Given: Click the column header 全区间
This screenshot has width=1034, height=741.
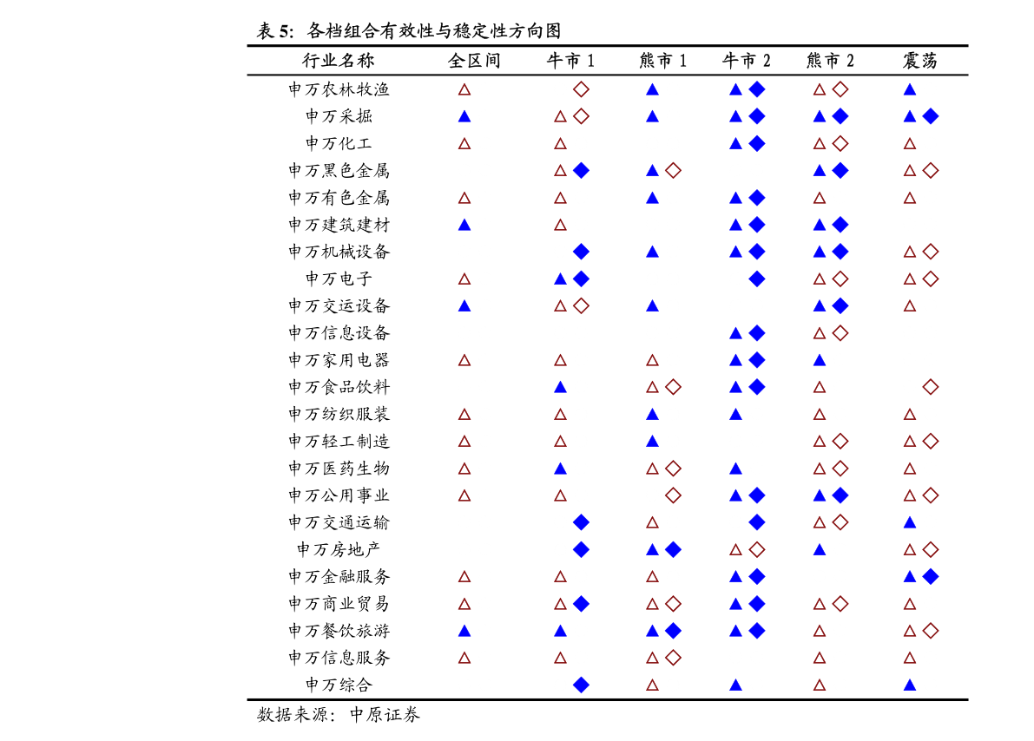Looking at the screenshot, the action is click(x=474, y=61).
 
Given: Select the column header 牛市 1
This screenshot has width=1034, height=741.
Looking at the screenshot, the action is click(x=570, y=61).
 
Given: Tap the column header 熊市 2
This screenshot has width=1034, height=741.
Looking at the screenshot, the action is click(x=830, y=61).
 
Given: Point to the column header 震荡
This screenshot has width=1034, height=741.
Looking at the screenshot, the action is click(x=920, y=61).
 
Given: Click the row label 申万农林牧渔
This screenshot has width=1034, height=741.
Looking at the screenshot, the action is click(x=339, y=89).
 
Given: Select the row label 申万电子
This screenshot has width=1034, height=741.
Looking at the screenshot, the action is click(x=339, y=279).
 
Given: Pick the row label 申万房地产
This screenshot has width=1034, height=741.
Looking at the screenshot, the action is click(x=339, y=549).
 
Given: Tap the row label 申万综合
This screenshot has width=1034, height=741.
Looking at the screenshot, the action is click(x=339, y=685).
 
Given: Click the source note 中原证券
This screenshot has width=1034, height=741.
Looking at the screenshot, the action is click(x=385, y=715).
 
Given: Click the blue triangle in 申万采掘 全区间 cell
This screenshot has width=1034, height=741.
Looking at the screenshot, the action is click(x=464, y=116).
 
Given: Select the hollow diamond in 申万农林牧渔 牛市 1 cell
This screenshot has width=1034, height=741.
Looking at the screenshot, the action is click(x=581, y=89).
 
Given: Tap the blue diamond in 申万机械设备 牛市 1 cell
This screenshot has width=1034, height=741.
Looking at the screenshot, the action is click(x=581, y=252).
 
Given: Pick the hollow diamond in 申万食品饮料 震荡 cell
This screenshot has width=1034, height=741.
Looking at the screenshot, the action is click(x=931, y=387).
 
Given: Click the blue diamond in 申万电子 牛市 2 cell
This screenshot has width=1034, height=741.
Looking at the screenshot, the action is click(x=757, y=279).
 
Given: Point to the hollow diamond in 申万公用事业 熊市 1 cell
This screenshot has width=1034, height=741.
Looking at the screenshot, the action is click(x=674, y=495).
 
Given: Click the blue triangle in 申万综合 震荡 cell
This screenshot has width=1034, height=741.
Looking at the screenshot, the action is click(x=910, y=685).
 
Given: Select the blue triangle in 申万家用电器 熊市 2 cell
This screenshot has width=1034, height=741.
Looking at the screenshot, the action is click(x=820, y=360).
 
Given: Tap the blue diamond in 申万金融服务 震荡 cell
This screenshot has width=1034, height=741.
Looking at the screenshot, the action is click(x=931, y=577).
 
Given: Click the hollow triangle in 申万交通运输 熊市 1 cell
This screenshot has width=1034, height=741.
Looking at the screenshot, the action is click(x=652, y=523).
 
